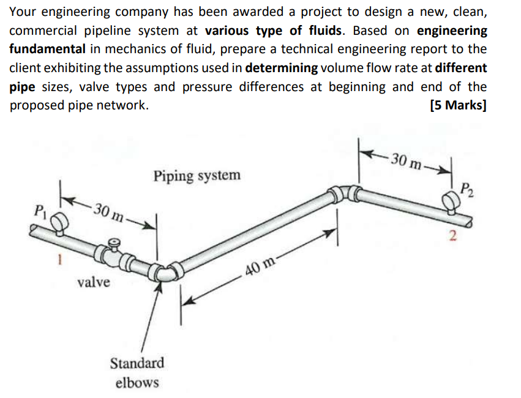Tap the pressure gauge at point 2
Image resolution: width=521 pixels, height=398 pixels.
[452, 200]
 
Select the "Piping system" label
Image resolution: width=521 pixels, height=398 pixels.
[197, 176]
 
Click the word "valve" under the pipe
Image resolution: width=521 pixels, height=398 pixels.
[94, 282]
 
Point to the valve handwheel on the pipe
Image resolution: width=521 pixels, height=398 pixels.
[111, 245]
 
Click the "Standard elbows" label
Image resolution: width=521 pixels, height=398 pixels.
[137, 372]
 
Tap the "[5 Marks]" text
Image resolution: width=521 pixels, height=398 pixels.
[459, 105]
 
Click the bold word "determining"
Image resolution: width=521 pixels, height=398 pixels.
[281, 68]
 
